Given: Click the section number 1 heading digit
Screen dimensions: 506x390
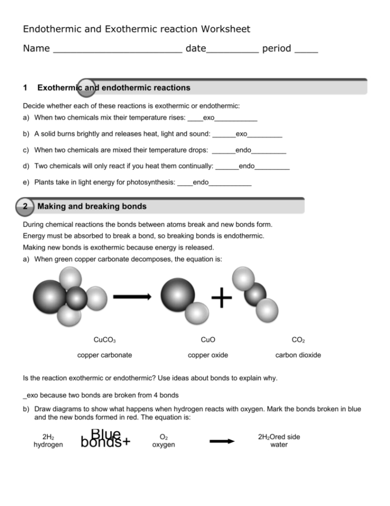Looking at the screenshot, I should (26, 88).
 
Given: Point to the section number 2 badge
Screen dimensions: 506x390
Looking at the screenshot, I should (26, 207).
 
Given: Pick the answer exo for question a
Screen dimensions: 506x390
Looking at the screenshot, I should (208, 118).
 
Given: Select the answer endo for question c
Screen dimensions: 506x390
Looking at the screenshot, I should (243, 150).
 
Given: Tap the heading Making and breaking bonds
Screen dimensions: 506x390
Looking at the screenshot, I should (92, 207).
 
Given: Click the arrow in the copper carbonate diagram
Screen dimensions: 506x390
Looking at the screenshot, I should (132, 297).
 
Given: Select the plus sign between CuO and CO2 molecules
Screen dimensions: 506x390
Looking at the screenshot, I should (222, 299).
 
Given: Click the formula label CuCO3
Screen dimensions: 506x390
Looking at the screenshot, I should (104, 340).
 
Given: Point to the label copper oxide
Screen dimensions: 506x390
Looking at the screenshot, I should (208, 355).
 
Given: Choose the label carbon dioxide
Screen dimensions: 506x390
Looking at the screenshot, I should (298, 355).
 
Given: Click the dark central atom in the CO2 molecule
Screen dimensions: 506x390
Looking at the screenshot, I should (255, 295).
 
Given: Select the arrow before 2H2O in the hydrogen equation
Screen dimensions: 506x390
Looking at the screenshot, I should (222, 441).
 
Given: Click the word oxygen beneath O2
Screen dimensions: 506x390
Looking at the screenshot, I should (163, 445).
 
